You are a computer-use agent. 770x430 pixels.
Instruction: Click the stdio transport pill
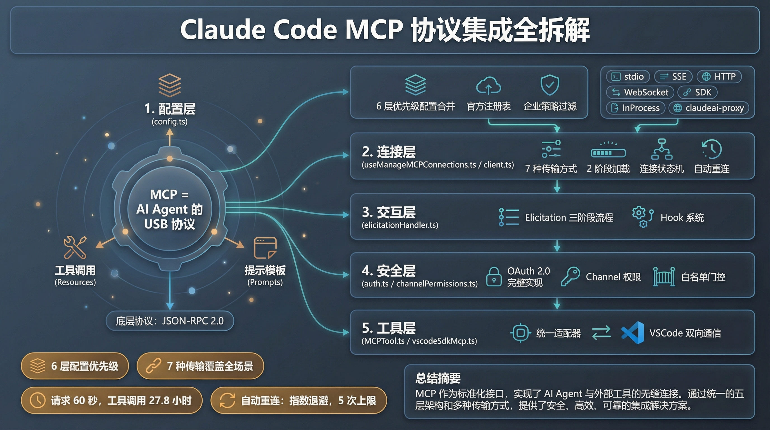coord(628,76)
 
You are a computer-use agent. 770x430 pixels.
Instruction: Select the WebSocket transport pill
coord(640,92)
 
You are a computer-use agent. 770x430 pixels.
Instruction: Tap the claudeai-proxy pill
coord(708,108)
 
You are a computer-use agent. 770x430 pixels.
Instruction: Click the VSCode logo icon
coord(633,333)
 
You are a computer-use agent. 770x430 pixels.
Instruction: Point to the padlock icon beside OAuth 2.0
coord(494,277)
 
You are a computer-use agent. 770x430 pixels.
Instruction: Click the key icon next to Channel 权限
coord(570,277)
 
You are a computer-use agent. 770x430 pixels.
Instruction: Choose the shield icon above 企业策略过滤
coord(550,85)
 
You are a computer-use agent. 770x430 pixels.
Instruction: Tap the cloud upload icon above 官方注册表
coord(489,86)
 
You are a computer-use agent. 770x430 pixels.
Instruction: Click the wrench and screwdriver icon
coord(75,247)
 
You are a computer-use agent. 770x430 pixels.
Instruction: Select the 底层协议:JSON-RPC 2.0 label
coord(170,321)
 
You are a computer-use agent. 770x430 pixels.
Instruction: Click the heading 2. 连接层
coord(389,152)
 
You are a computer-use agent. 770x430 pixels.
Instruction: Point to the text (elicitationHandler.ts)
coord(400,225)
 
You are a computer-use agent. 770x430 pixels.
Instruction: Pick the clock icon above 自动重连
coord(712,149)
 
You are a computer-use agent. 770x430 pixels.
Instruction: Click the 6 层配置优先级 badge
coord(75,366)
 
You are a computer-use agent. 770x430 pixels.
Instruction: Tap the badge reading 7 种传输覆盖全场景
coord(200,366)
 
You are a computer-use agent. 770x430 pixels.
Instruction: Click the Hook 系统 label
coord(682,218)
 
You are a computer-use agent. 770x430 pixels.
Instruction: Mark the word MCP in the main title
coord(374,30)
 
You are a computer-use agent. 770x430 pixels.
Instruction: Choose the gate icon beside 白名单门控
coord(664,277)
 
